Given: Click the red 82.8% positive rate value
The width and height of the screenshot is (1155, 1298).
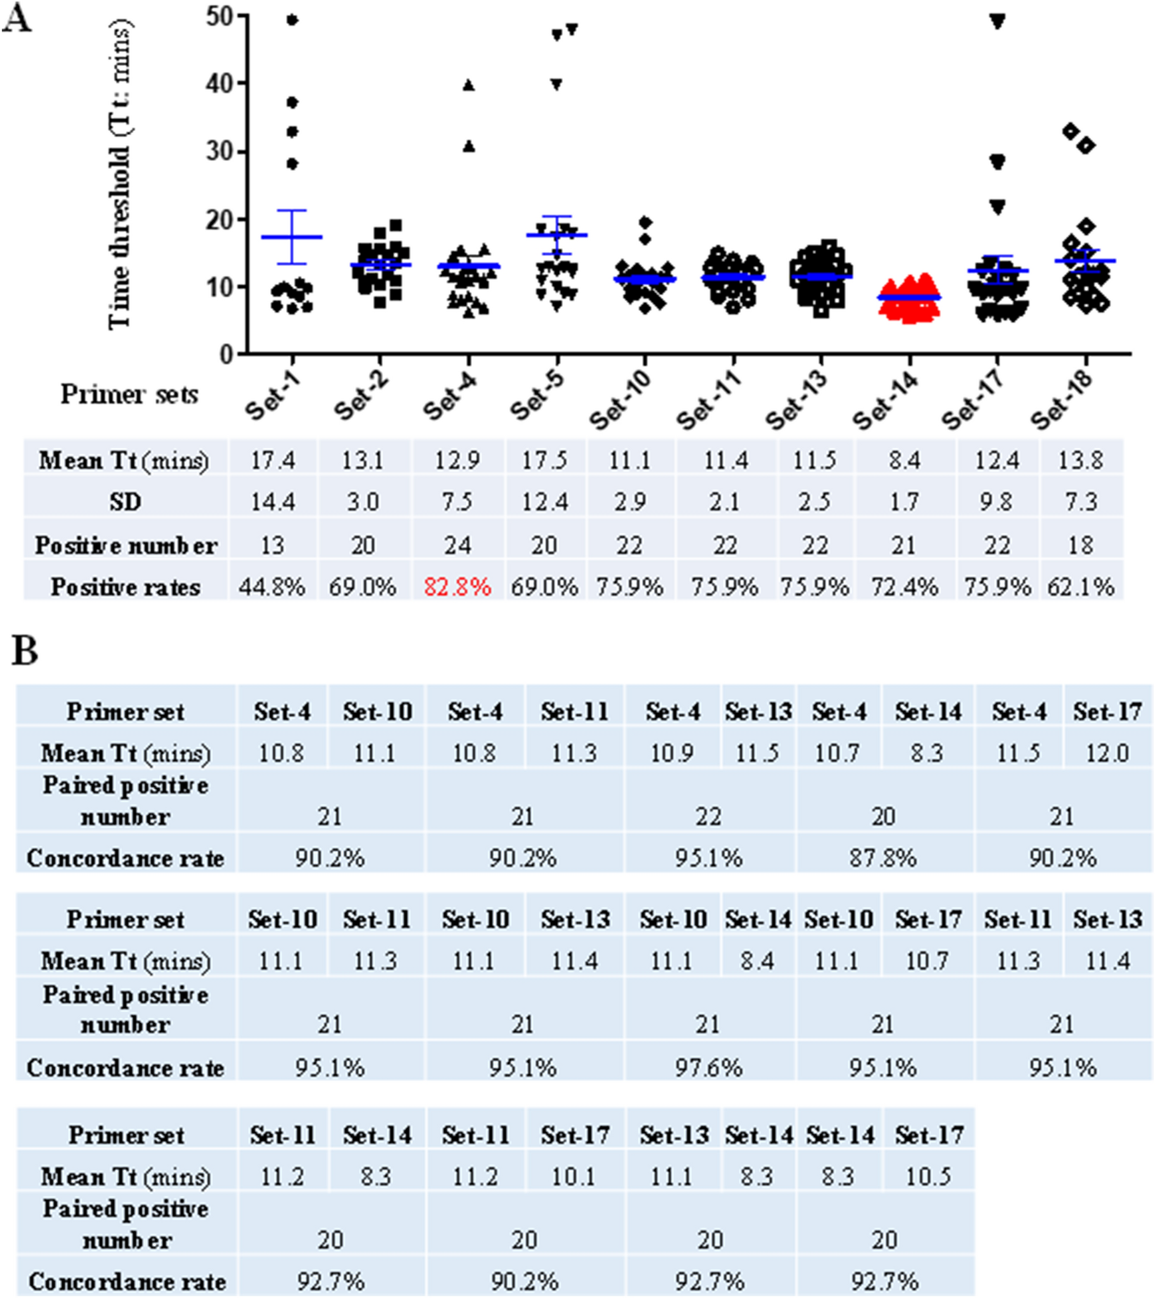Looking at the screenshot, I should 457,586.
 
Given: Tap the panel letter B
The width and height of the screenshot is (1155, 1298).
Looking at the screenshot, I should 25,651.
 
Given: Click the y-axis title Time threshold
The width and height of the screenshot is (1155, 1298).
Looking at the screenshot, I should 120,175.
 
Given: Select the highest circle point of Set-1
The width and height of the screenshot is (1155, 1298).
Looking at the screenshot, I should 292,20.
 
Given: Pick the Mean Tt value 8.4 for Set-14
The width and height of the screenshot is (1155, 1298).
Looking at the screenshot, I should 904,459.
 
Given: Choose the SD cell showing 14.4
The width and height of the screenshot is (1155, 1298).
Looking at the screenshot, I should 272,501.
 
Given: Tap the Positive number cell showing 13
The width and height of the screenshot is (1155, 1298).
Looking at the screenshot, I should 272,545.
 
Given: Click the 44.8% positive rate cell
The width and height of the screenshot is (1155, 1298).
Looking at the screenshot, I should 272,586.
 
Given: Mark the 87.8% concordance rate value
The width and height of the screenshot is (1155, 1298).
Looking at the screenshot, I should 883,859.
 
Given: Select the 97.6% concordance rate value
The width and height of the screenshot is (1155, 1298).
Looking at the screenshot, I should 708,1068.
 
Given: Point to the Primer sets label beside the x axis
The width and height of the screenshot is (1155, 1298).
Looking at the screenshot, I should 129,394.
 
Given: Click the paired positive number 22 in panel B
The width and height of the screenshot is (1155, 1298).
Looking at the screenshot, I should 708,816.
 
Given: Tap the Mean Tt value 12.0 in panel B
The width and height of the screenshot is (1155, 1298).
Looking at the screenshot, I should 1107,753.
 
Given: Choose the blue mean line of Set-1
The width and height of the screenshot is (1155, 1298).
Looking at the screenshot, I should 291,237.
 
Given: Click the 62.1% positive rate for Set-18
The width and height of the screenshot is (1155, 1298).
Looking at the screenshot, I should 1081,586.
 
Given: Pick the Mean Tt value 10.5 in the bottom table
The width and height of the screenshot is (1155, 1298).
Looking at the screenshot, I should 928,1176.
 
